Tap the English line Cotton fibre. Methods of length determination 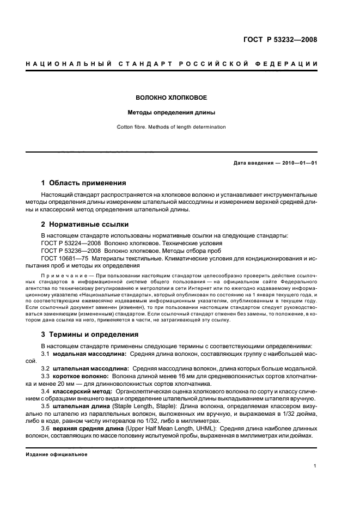(171, 127)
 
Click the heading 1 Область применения (83, 183)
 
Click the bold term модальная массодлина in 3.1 (89, 354)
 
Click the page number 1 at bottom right (315, 466)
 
